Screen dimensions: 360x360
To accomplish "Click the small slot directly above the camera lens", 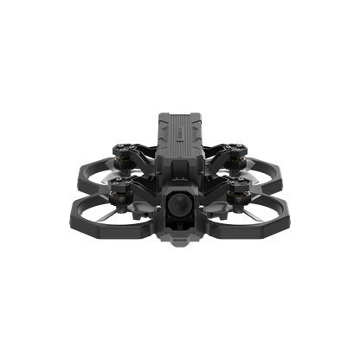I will pos(180,181).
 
